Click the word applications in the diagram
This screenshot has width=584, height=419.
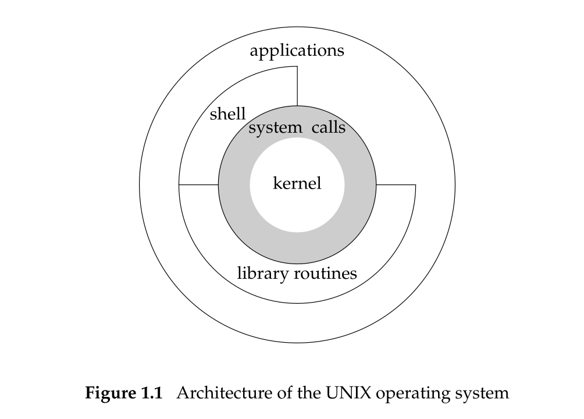[297, 51]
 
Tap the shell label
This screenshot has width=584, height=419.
[227, 114]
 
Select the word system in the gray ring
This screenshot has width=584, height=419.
[275, 128]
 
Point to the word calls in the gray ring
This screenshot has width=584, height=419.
[329, 127]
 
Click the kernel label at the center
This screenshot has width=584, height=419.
[297, 184]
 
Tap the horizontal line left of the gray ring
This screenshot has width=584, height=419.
[198, 185]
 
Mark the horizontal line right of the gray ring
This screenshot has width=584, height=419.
[396, 185]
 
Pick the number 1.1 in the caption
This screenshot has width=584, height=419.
[151, 393]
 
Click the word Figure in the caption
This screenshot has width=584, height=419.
[111, 393]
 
